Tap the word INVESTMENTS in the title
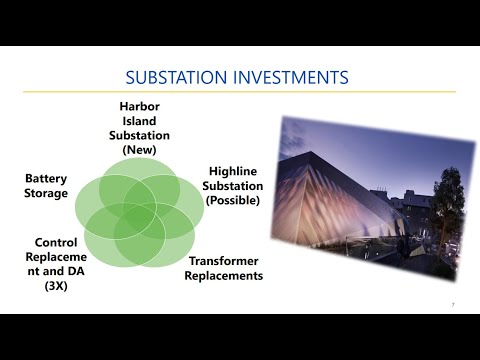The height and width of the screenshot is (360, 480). (298, 77)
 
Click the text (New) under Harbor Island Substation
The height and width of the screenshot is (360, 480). (140, 149)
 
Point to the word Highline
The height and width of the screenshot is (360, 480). (233, 172)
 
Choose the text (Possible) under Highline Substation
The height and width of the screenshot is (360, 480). (234, 200)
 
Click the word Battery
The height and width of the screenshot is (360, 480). (46, 179)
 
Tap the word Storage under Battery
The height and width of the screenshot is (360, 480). (46, 193)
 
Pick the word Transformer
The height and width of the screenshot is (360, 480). (226, 261)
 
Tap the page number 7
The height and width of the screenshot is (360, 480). (453, 304)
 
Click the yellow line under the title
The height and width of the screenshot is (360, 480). (240, 93)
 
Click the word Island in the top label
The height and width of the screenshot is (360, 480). (141, 121)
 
